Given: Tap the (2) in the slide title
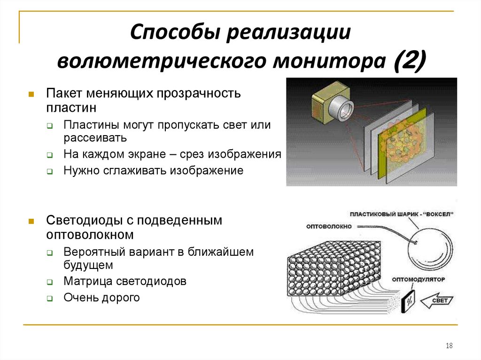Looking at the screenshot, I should point(409,61).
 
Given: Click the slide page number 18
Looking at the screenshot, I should point(449,346).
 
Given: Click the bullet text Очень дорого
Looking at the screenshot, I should point(102,297).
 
